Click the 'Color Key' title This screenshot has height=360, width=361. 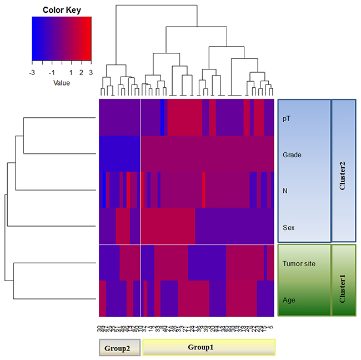click(x=62, y=9)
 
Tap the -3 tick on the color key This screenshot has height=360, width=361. click(x=33, y=72)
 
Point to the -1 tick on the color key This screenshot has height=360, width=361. click(x=52, y=72)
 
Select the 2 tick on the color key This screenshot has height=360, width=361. click(x=81, y=72)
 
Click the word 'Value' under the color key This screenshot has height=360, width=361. click(x=62, y=83)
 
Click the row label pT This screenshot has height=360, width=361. click(x=286, y=119)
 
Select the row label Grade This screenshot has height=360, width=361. click(x=292, y=154)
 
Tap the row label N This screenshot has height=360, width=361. click(x=285, y=191)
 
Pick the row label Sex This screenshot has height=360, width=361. click(x=288, y=227)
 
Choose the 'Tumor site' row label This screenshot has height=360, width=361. click(x=299, y=263)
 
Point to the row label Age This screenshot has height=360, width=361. click(x=288, y=299)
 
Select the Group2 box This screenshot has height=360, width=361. click(x=116, y=347)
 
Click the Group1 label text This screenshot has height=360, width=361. click(x=209, y=347)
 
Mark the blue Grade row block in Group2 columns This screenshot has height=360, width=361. click(x=119, y=153)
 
